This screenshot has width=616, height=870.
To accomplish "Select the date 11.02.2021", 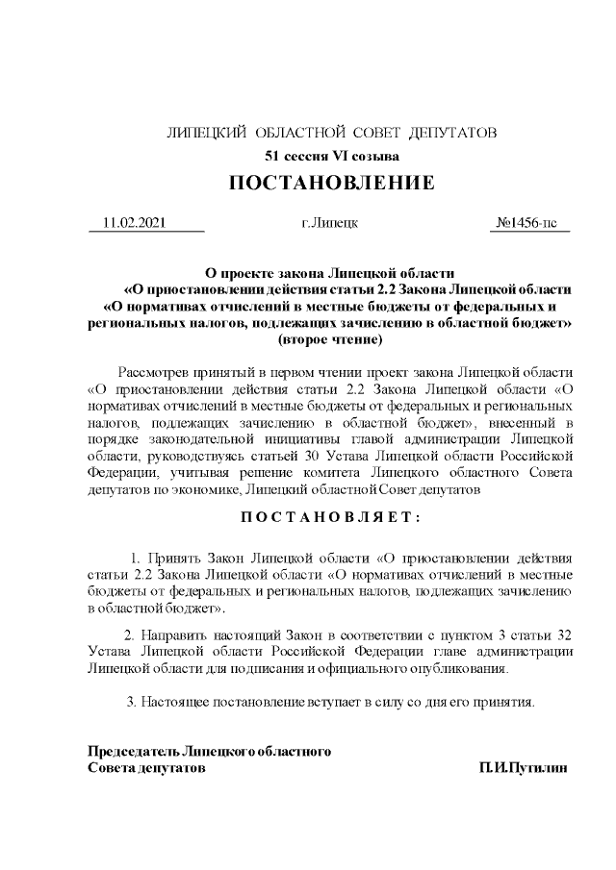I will pos(135,223).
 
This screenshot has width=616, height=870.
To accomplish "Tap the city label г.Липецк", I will pos(330,223).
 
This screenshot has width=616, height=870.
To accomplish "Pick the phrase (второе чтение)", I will pos(330,339).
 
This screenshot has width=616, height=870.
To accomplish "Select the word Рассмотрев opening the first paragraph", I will pos(156,372).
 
